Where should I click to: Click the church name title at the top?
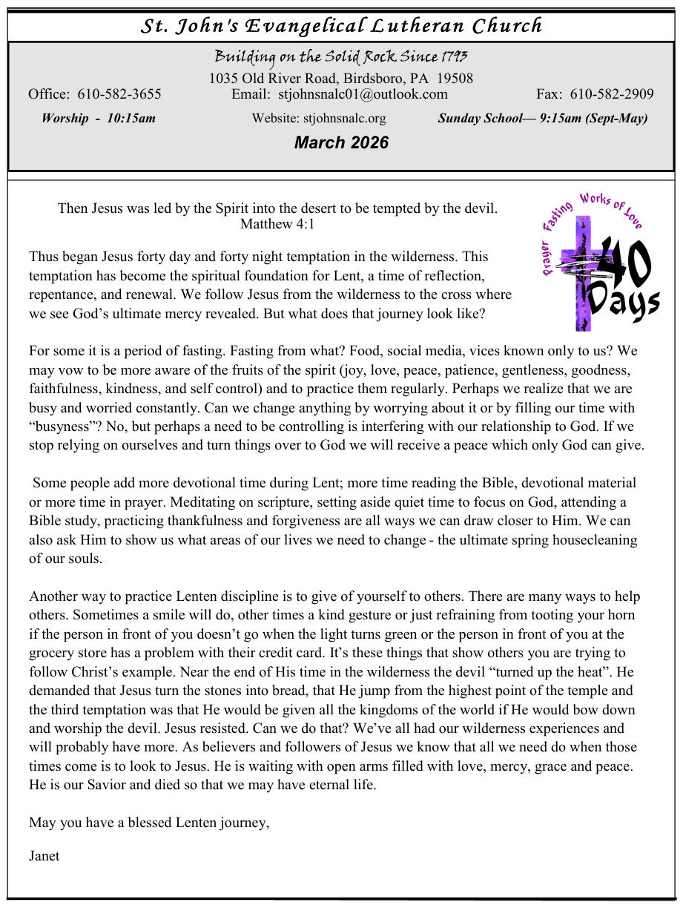[341, 26]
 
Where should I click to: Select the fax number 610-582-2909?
[612, 94]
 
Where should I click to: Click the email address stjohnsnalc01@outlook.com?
[363, 94]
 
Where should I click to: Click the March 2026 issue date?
[341, 142]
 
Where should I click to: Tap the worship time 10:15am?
[131, 118]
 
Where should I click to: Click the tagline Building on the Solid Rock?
[341, 58]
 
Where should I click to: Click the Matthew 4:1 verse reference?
[277, 223]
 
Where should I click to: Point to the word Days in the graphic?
[621, 303]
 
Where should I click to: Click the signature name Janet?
[44, 856]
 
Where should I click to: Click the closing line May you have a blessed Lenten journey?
[149, 823]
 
